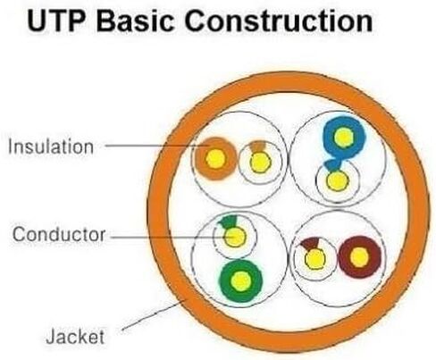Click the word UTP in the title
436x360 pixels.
click(55, 21)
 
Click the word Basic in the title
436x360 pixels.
click(135, 21)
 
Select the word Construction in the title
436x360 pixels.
click(279, 21)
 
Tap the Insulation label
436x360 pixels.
click(51, 147)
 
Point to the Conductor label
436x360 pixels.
click(59, 234)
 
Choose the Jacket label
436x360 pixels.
click(75, 336)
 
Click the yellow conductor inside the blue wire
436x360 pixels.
click(344, 138)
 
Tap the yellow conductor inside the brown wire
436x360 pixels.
click(359, 257)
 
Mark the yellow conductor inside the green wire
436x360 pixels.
click(241, 281)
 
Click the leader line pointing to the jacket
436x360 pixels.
click(154, 315)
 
